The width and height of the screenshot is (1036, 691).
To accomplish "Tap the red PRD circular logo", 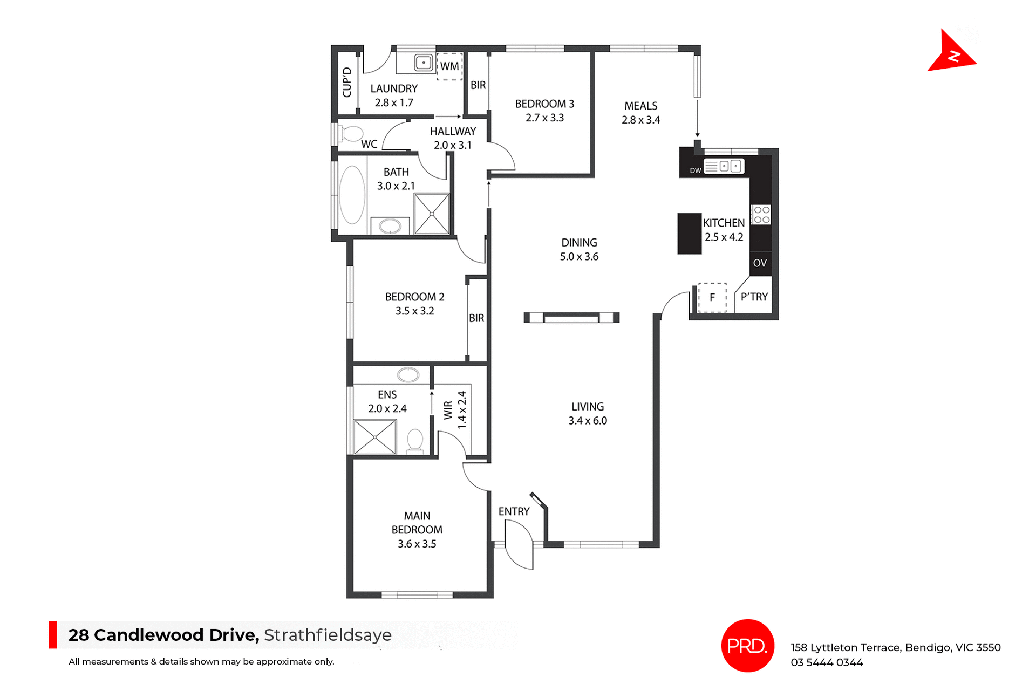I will [747, 645].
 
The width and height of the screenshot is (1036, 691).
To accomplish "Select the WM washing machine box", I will [449, 66].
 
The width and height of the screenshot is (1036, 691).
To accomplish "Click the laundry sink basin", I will [424, 63].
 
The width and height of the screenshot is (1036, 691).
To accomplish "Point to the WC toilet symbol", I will [352, 133].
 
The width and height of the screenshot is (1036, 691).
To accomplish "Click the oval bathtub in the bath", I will [352, 195].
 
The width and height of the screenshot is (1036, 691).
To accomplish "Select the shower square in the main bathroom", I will [432, 214].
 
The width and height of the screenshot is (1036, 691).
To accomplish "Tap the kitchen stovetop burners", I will [761, 215].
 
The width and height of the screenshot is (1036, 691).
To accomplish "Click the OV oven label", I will [760, 263].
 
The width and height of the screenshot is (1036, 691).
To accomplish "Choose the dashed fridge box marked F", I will [712, 297].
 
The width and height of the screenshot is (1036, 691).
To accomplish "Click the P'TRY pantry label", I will [754, 297].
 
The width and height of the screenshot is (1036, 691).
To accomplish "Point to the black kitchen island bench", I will [689, 234].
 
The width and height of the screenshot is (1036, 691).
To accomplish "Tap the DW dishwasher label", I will [696, 170].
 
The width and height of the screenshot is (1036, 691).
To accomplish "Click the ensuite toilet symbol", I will [415, 440].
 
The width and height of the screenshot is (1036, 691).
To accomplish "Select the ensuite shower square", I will [375, 437].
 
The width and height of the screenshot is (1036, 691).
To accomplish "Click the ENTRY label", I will [514, 511].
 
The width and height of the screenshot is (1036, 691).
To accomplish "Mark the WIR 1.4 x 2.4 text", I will [455, 411].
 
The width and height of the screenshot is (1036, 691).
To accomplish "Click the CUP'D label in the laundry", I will [347, 83].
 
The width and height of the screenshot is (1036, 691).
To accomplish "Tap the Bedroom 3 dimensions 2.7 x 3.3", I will [544, 118].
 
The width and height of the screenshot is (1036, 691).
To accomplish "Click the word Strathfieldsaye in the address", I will [328, 635].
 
